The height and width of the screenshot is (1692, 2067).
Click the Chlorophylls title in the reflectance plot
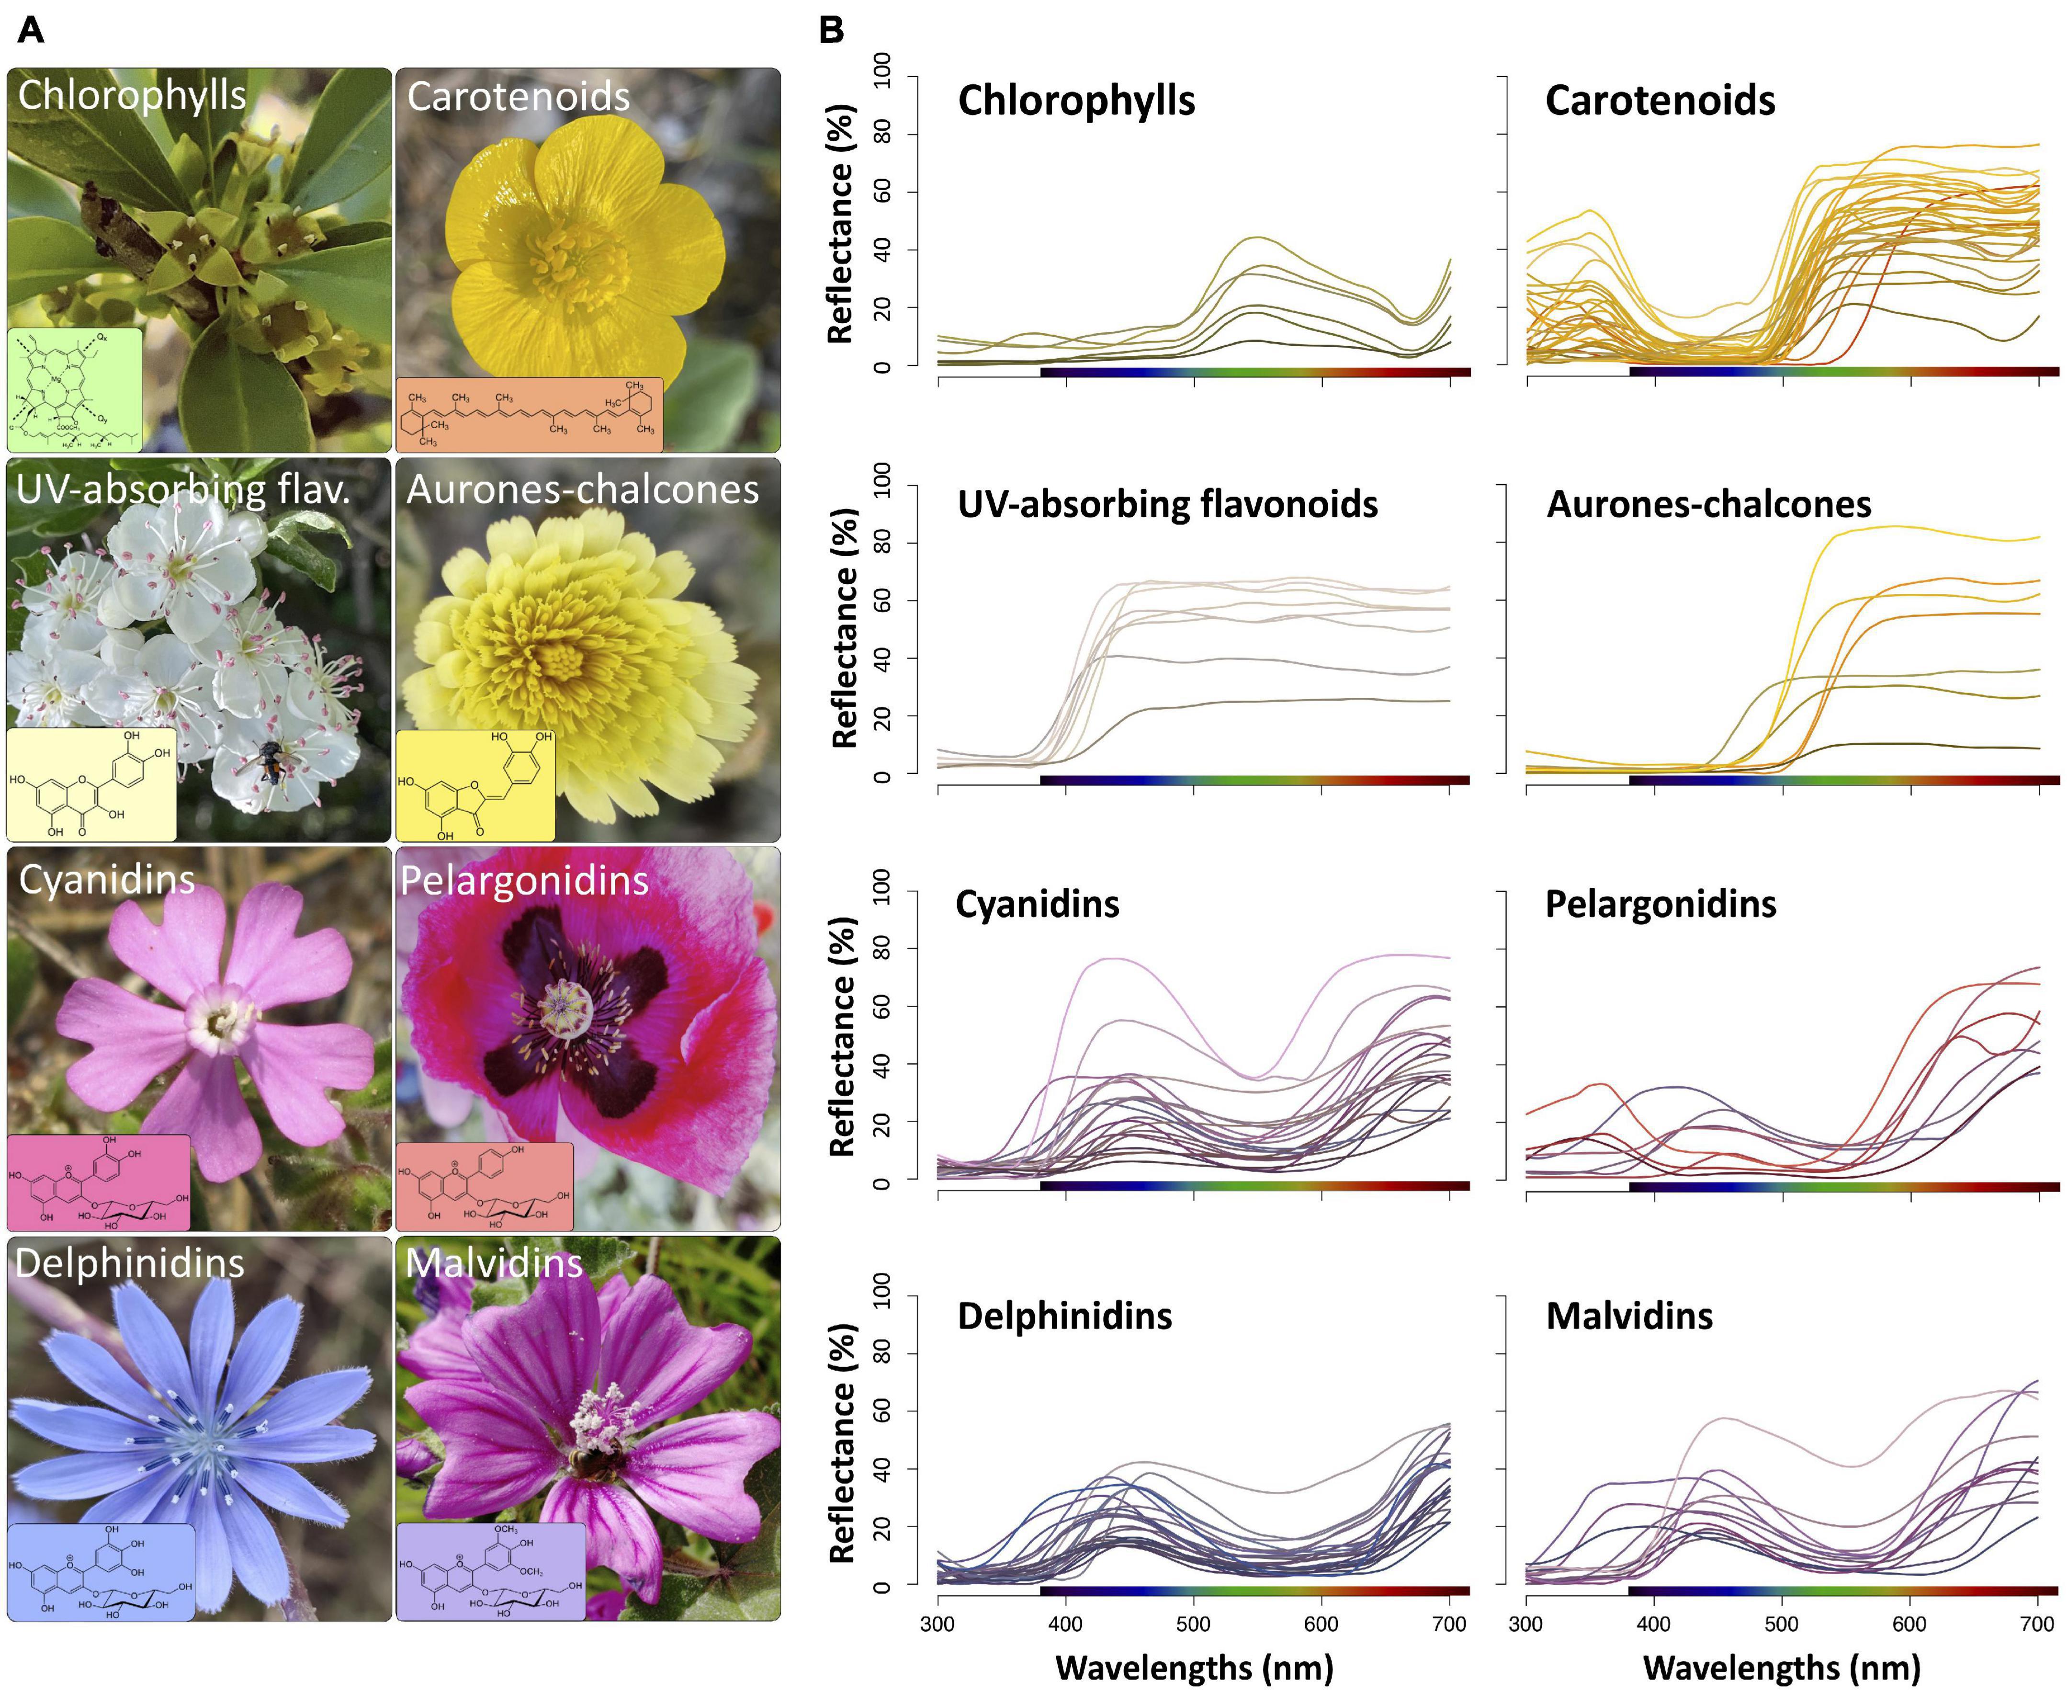pos(1076,101)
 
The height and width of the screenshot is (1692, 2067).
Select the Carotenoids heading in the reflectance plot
pos(1660,101)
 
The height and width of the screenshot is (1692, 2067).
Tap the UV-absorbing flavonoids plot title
pos(1167,504)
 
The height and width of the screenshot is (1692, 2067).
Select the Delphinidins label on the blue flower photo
pos(130,1263)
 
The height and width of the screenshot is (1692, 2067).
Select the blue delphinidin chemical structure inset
pos(102,1572)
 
